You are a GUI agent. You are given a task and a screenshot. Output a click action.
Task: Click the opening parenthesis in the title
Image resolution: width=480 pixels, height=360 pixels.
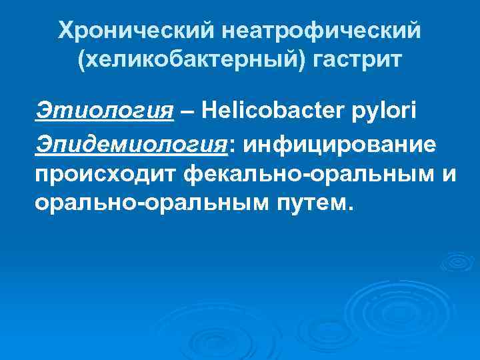tap(82, 62)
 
